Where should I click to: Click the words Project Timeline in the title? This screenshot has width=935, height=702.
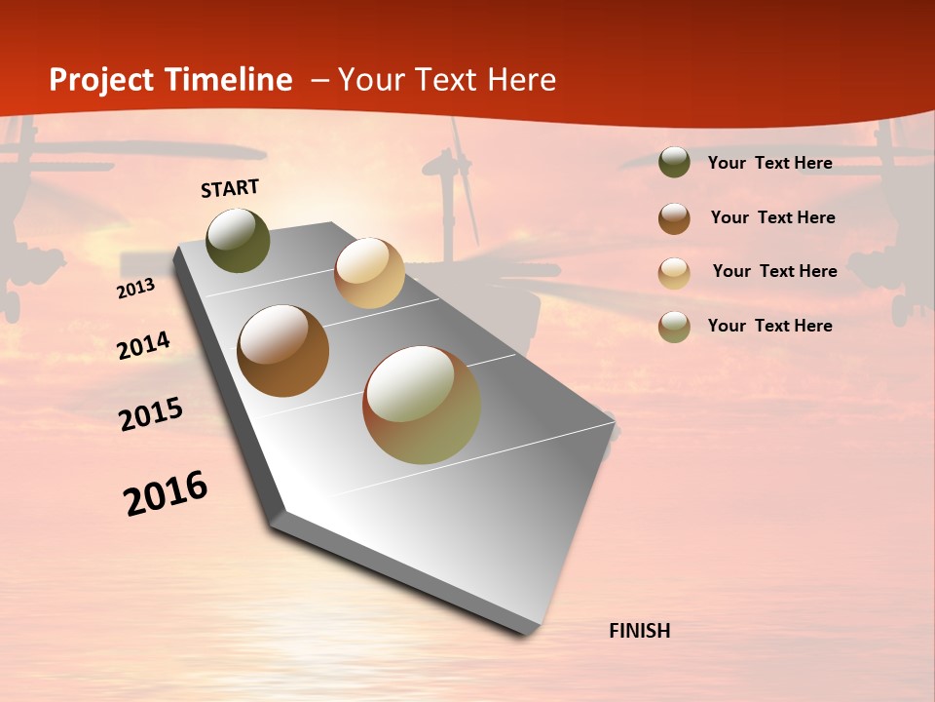(170, 80)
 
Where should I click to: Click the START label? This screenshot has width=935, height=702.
(230, 188)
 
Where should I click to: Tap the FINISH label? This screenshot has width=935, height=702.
(639, 631)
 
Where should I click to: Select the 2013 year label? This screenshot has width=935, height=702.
(135, 289)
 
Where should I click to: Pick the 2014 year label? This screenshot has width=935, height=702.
(143, 346)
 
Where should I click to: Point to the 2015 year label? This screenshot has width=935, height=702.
(151, 414)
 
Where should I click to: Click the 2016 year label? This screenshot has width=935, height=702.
(166, 492)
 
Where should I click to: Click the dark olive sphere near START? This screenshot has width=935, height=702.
(238, 241)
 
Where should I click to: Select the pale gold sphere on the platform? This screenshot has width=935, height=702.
(369, 273)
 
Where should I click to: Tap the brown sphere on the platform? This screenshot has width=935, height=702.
(283, 351)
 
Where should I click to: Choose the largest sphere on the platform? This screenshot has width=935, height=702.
(422, 405)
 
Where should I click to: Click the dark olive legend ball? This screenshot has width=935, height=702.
(674, 162)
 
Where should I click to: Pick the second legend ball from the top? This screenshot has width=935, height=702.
(674, 218)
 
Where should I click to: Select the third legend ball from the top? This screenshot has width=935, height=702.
(674, 273)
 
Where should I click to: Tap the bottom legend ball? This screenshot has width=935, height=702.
(674, 327)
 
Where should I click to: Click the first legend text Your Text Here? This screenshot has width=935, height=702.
(769, 163)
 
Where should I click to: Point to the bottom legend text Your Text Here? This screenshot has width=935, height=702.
(769, 326)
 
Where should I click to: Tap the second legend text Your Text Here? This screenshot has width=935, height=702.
(772, 217)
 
